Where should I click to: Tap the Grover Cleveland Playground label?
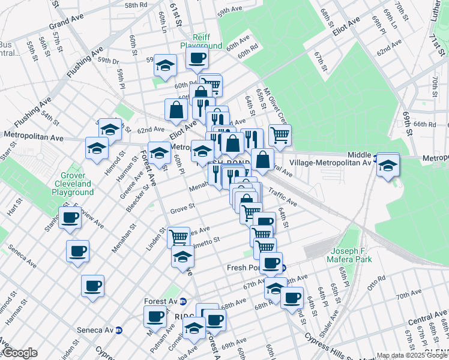[x=73, y=183]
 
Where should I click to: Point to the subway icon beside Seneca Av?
[x=119, y=330]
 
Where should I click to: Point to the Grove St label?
[x=182, y=209]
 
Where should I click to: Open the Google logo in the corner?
[x=19, y=353]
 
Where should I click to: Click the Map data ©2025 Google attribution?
[x=412, y=355]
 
